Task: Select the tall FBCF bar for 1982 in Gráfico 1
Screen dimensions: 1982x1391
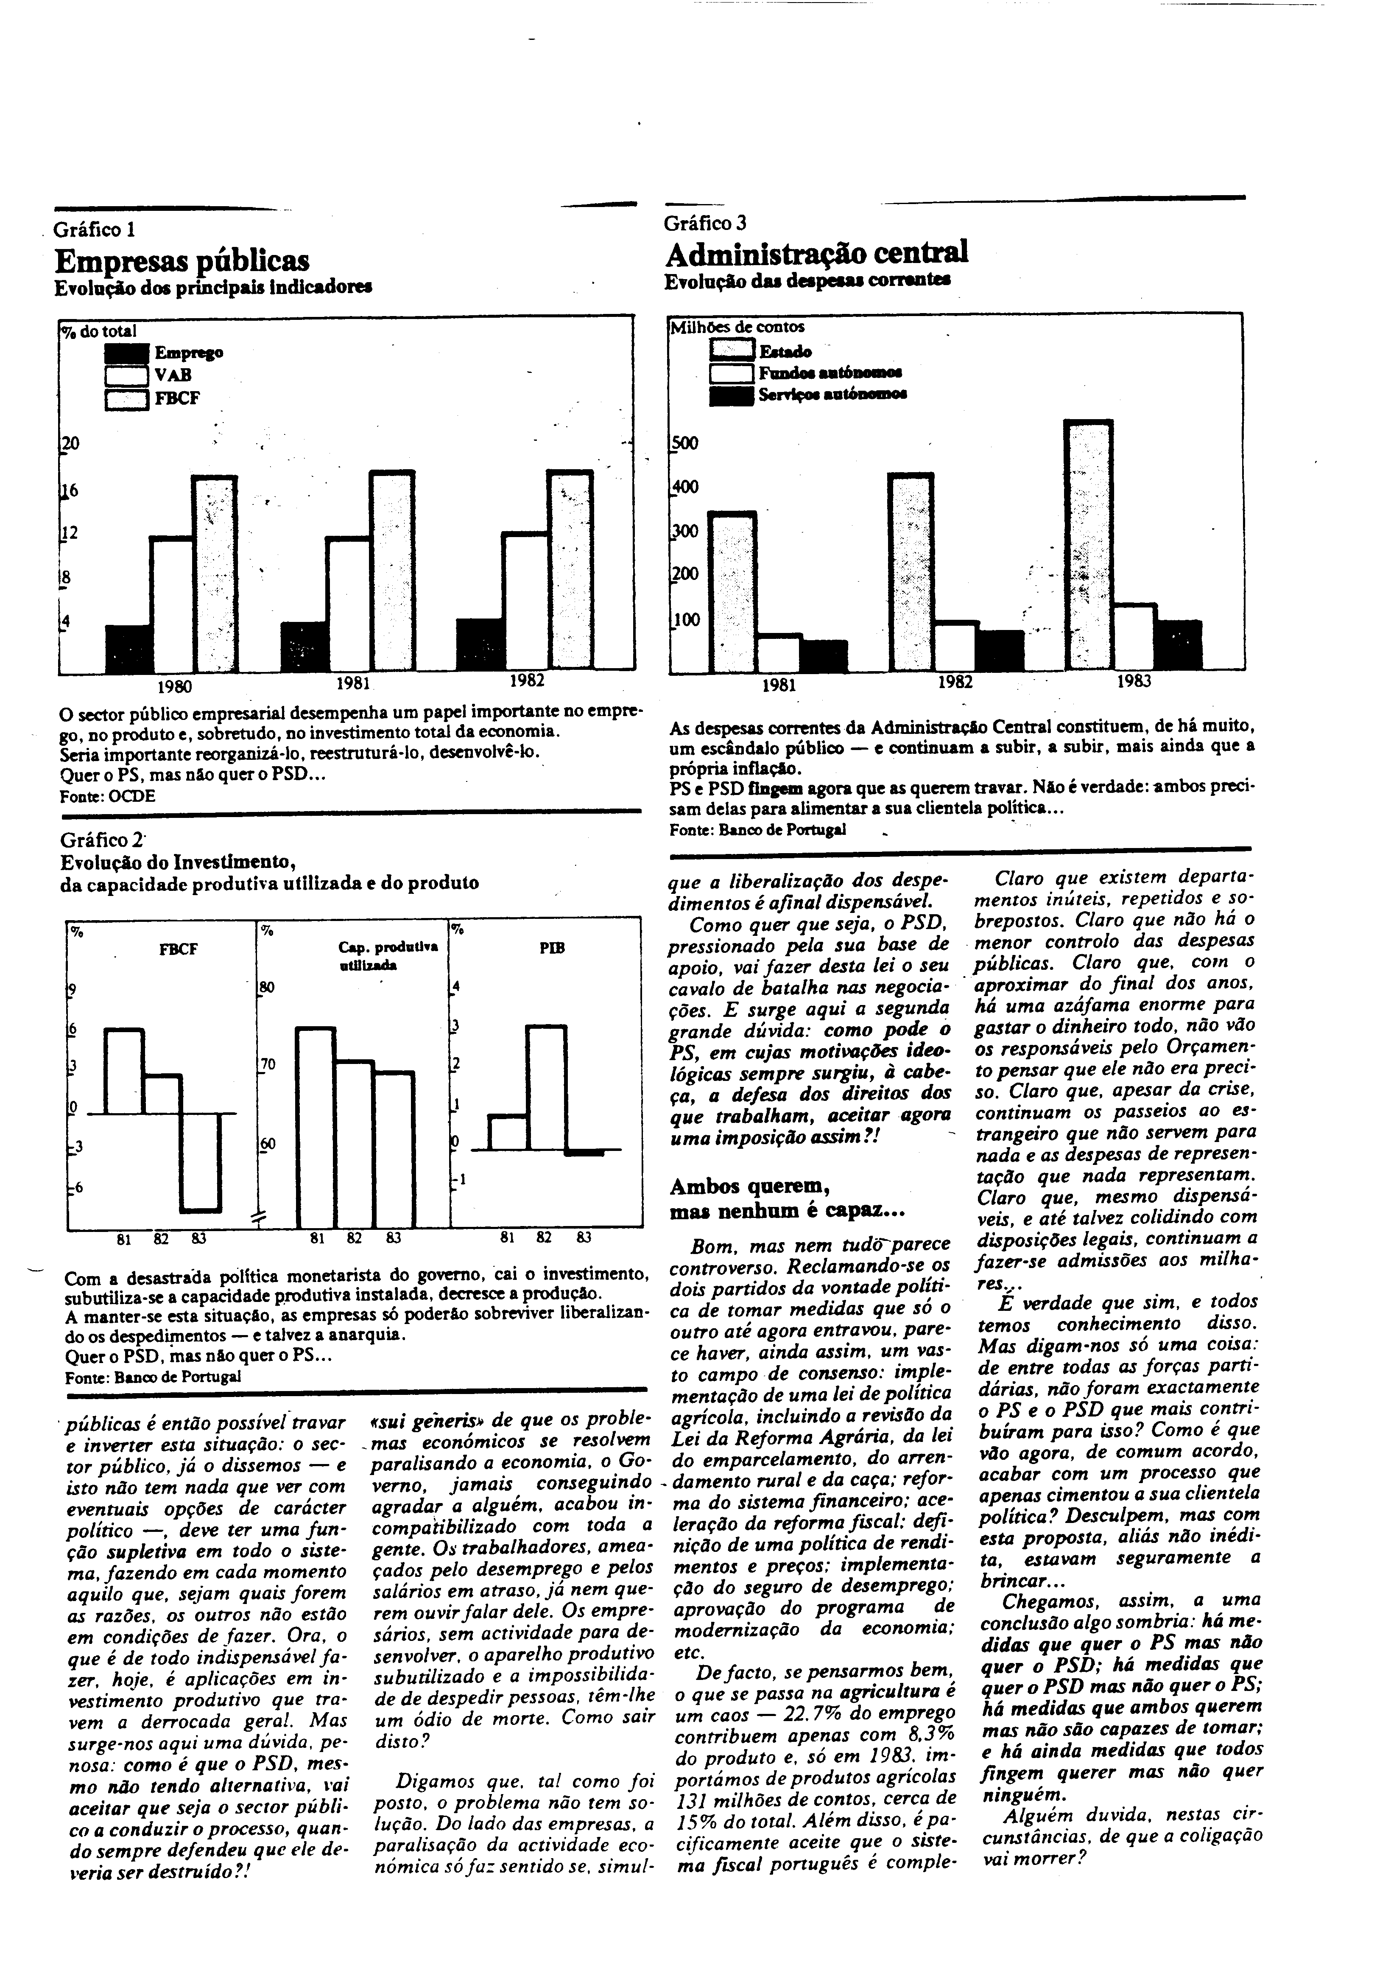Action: click(x=570, y=570)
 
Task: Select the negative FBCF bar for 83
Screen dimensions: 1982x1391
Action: click(x=200, y=1162)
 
